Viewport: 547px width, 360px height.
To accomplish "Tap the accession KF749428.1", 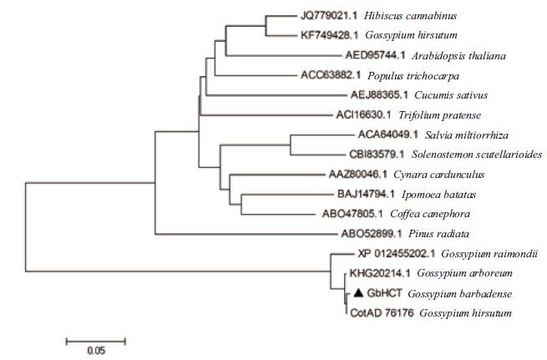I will [x=328, y=35].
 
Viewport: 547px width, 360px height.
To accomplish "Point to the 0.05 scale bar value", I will [x=95, y=350].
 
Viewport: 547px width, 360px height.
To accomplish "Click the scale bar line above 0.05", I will [x=95, y=340].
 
